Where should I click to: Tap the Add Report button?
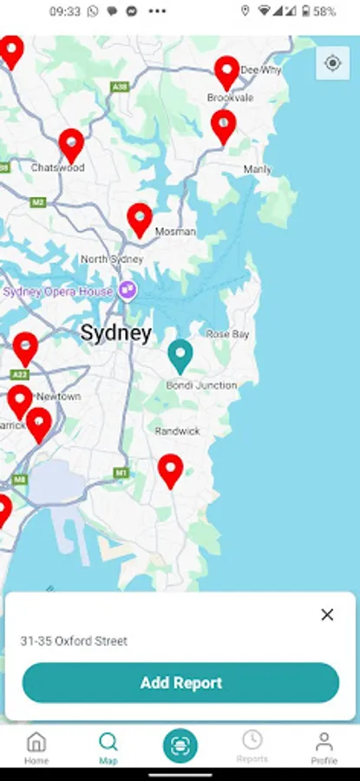180,683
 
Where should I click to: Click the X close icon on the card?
327,614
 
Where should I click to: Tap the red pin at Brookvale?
226,71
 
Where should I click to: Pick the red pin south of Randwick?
171,469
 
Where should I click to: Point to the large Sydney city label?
115,333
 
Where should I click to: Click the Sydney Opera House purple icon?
128,291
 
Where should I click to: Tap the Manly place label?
257,169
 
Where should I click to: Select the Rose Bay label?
227,334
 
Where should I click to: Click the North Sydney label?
111,259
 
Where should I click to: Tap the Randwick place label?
177,431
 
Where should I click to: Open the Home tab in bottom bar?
36,746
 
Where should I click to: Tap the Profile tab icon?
324,746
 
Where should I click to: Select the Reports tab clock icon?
252,740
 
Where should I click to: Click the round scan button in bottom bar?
180,745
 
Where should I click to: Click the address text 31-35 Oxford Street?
74,641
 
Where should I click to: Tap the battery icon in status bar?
305,12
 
